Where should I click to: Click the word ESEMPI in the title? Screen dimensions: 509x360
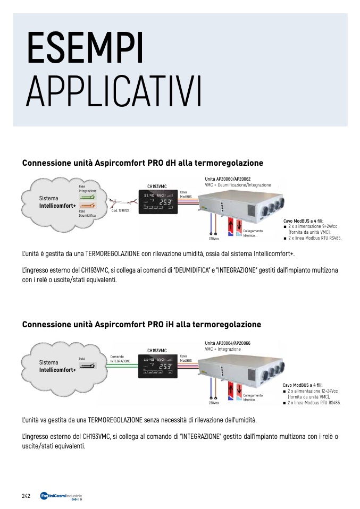(85, 49)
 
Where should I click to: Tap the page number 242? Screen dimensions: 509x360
(26, 496)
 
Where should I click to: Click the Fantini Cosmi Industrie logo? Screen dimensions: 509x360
(61, 497)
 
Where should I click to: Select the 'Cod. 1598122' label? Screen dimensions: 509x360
(120, 211)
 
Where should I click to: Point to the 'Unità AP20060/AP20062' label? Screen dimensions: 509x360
(227, 179)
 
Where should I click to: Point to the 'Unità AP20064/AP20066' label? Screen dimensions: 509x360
(227, 343)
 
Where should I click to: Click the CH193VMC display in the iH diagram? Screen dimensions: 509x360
(157, 366)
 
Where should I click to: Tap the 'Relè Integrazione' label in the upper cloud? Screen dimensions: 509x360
(87, 189)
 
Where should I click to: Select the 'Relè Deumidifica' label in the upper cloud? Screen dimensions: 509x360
(87, 213)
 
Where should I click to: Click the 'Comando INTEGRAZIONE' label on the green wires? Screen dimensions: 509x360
(120, 359)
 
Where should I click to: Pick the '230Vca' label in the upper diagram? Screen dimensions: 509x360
(214, 239)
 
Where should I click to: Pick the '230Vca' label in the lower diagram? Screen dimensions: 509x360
(214, 403)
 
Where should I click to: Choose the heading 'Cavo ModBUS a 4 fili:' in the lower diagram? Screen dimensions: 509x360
(303, 385)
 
